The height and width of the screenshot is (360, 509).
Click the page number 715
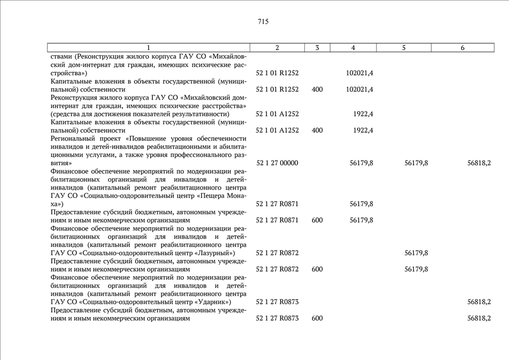[x=263, y=22]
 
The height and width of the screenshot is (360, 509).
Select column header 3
[x=317, y=48]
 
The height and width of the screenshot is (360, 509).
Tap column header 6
[x=462, y=48]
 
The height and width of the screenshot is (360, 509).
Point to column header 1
[x=148, y=48]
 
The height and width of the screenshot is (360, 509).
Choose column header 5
[x=404, y=48]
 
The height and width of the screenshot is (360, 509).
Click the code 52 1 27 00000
[x=277, y=163]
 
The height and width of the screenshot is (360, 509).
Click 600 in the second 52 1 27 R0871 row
[x=317, y=220]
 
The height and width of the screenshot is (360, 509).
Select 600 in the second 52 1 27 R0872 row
[x=317, y=269]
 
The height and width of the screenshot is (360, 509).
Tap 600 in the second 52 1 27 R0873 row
[x=317, y=318]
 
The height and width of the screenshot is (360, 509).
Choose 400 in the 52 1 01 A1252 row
[x=317, y=130]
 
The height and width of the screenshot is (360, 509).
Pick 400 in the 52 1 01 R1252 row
[x=317, y=89]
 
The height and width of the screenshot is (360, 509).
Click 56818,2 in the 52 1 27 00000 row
[x=479, y=163]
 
